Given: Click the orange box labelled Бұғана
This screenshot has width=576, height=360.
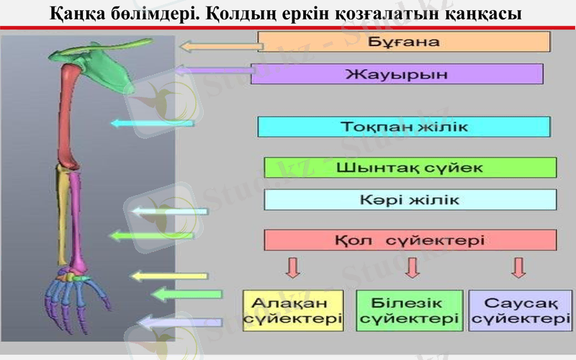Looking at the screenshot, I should pos(403,42).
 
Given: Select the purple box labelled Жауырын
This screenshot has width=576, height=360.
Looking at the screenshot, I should pos(397,74).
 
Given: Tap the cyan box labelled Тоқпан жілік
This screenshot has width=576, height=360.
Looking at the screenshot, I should pos(404,127).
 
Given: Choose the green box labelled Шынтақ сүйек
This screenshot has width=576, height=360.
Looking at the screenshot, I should pos(410,168).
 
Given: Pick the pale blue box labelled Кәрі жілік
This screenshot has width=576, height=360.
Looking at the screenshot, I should pos(410,199).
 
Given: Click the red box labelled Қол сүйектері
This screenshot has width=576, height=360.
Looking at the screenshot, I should pos(410,240).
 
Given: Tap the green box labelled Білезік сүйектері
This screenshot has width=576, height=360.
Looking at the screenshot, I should pos(410,310).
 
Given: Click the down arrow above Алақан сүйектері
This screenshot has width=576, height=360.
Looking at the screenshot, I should pos(292,267).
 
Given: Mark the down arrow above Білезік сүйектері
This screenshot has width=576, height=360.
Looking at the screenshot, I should pos(412,267).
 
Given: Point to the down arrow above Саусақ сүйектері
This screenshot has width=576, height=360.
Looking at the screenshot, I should pos(518,267).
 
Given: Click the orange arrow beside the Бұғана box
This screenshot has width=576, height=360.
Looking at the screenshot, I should pos(220,47).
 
